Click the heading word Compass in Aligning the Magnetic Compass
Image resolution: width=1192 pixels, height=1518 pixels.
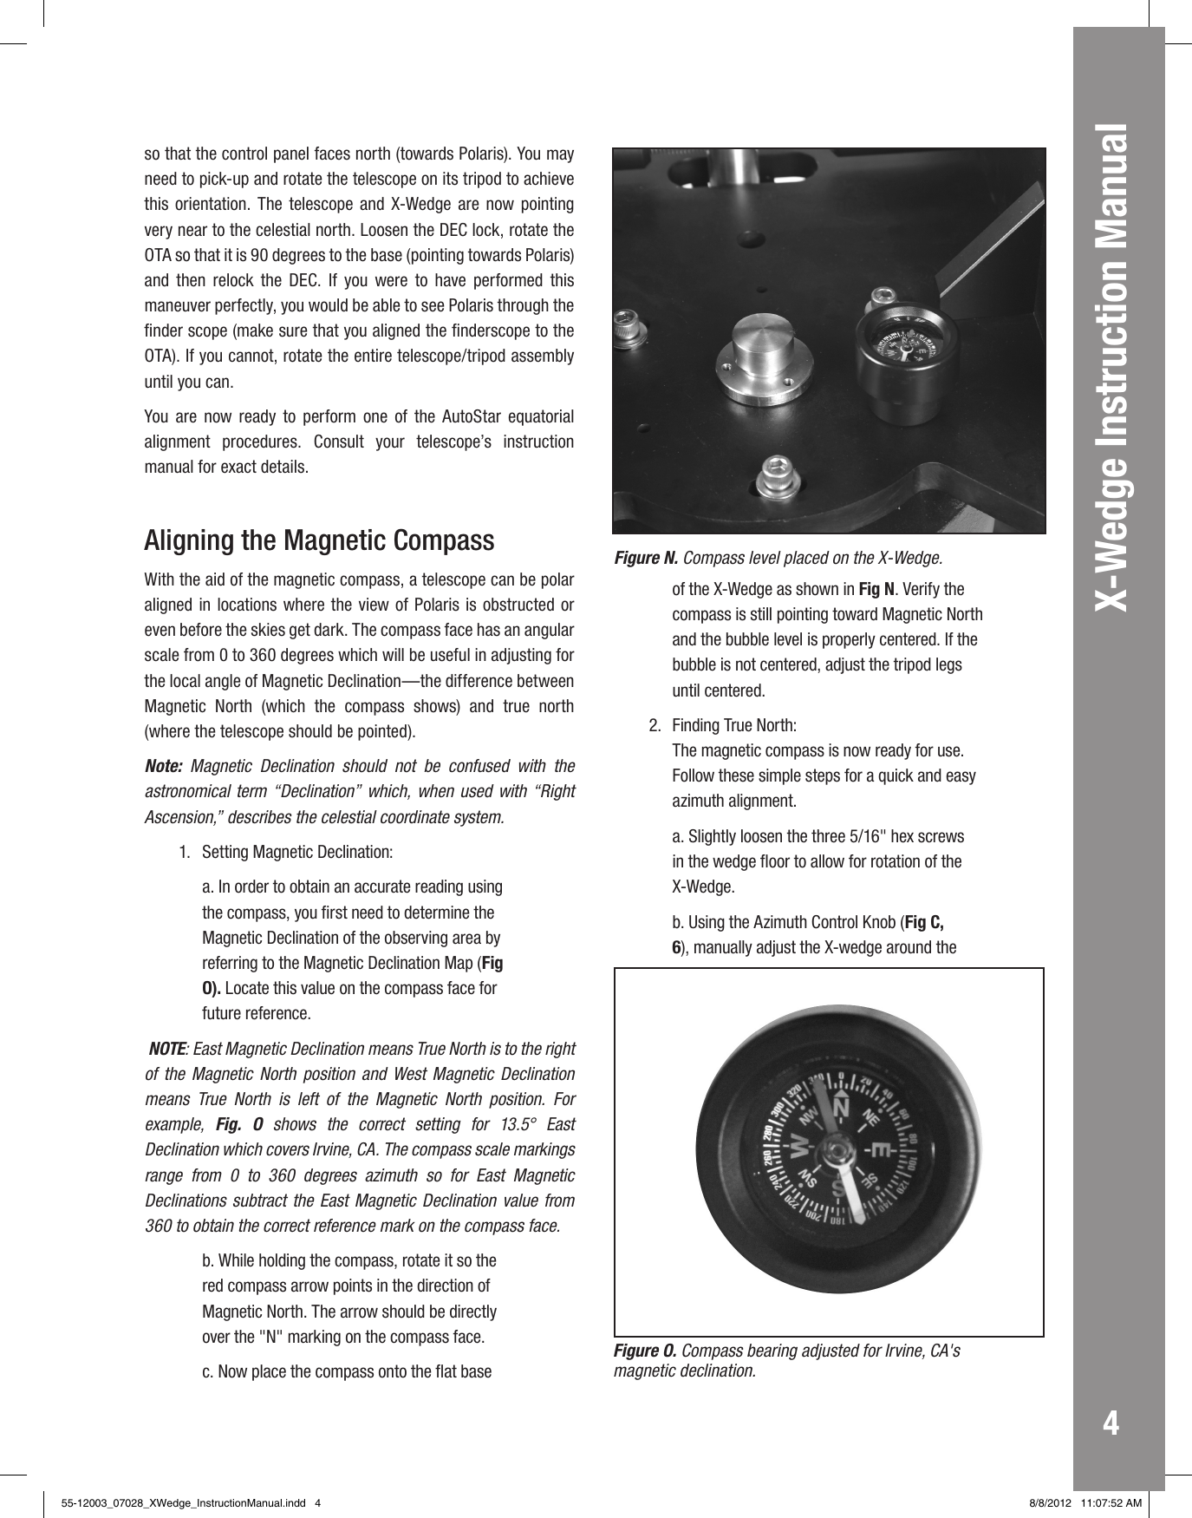pos(444,541)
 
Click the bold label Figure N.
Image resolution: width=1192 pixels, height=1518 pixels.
pos(646,556)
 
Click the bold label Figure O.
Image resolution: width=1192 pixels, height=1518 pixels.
pos(646,1351)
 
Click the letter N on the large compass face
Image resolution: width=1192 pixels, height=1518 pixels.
pos(839,1109)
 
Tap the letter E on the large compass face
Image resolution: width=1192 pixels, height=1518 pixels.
pos(879,1150)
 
